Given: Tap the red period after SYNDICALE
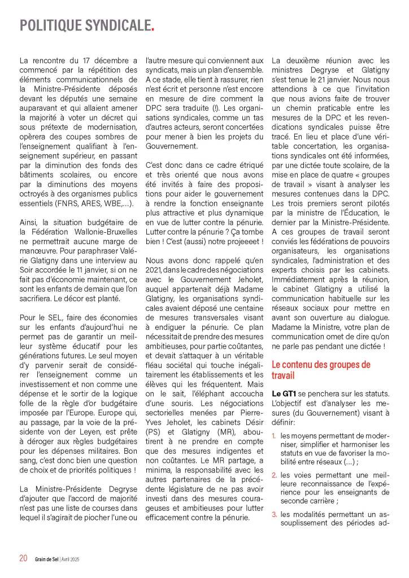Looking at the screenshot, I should (x=153, y=29).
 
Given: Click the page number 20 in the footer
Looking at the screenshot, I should (x=23, y=558).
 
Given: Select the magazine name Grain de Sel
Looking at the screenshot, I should (x=46, y=559).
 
